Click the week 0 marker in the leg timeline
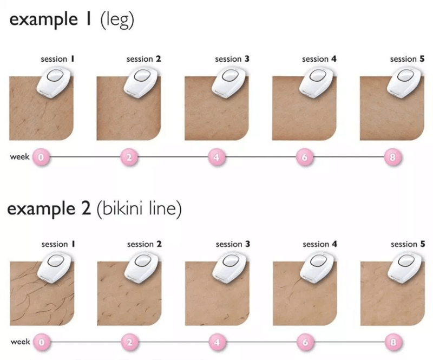41,157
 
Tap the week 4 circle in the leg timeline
217,157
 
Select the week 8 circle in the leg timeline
392,157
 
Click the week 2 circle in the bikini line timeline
129,342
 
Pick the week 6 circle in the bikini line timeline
305,342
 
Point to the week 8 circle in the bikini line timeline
393,342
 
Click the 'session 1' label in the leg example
57,59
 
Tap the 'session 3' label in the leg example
232,59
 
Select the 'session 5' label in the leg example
407,59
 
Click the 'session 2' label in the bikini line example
145,244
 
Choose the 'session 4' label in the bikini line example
320,244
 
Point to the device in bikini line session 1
56,266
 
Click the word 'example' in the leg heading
43,20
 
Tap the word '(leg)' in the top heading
117,20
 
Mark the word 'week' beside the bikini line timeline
20,342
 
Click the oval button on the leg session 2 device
142,75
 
